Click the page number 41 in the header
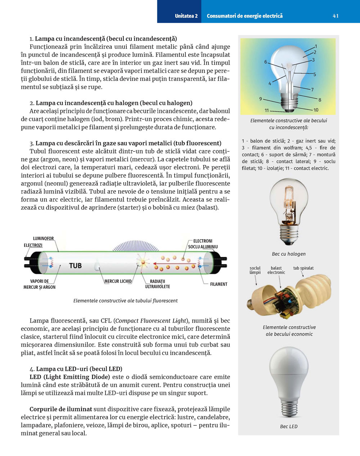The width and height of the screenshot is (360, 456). (x=336, y=16)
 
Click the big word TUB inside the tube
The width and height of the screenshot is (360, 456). (x=75, y=266)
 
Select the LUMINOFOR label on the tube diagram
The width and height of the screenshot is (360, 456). (x=43, y=238)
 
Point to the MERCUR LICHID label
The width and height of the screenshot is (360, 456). (x=118, y=281)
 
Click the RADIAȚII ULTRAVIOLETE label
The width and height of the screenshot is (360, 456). (x=157, y=284)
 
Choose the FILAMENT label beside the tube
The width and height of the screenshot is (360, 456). (x=219, y=284)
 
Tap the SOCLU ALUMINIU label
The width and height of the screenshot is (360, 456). (x=203, y=247)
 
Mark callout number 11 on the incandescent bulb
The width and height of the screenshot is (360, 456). (x=267, y=110)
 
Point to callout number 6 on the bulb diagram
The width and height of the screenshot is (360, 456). (x=266, y=62)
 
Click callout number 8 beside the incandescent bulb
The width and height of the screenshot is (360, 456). (x=320, y=100)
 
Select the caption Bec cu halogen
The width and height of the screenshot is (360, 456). (x=289, y=254)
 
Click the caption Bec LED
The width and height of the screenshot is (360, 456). (x=289, y=427)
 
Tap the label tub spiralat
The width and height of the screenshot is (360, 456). (x=303, y=268)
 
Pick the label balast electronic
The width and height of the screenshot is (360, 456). (x=276, y=270)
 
